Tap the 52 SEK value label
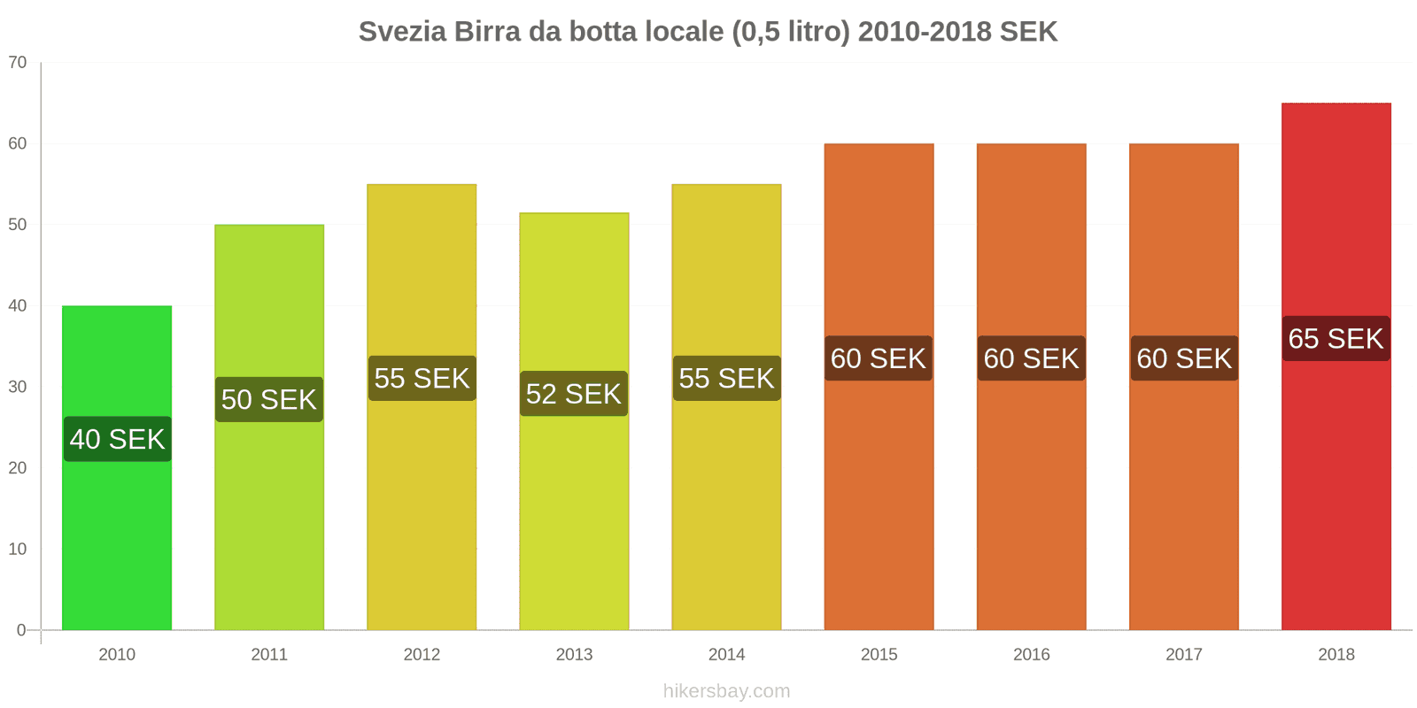click(574, 394)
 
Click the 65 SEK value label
click(1336, 338)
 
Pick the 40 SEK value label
click(117, 439)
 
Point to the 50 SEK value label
click(269, 399)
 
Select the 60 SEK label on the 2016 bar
click(1031, 358)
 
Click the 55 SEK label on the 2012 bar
click(422, 378)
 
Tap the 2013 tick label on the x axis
click(574, 654)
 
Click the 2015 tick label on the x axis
click(879, 654)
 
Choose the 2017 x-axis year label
click(1183, 654)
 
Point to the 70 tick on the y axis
click(18, 62)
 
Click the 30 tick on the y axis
click(18, 387)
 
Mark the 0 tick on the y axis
click(21, 630)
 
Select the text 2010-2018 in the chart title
click(925, 32)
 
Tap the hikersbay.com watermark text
click(726, 690)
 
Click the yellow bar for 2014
click(726, 513)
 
